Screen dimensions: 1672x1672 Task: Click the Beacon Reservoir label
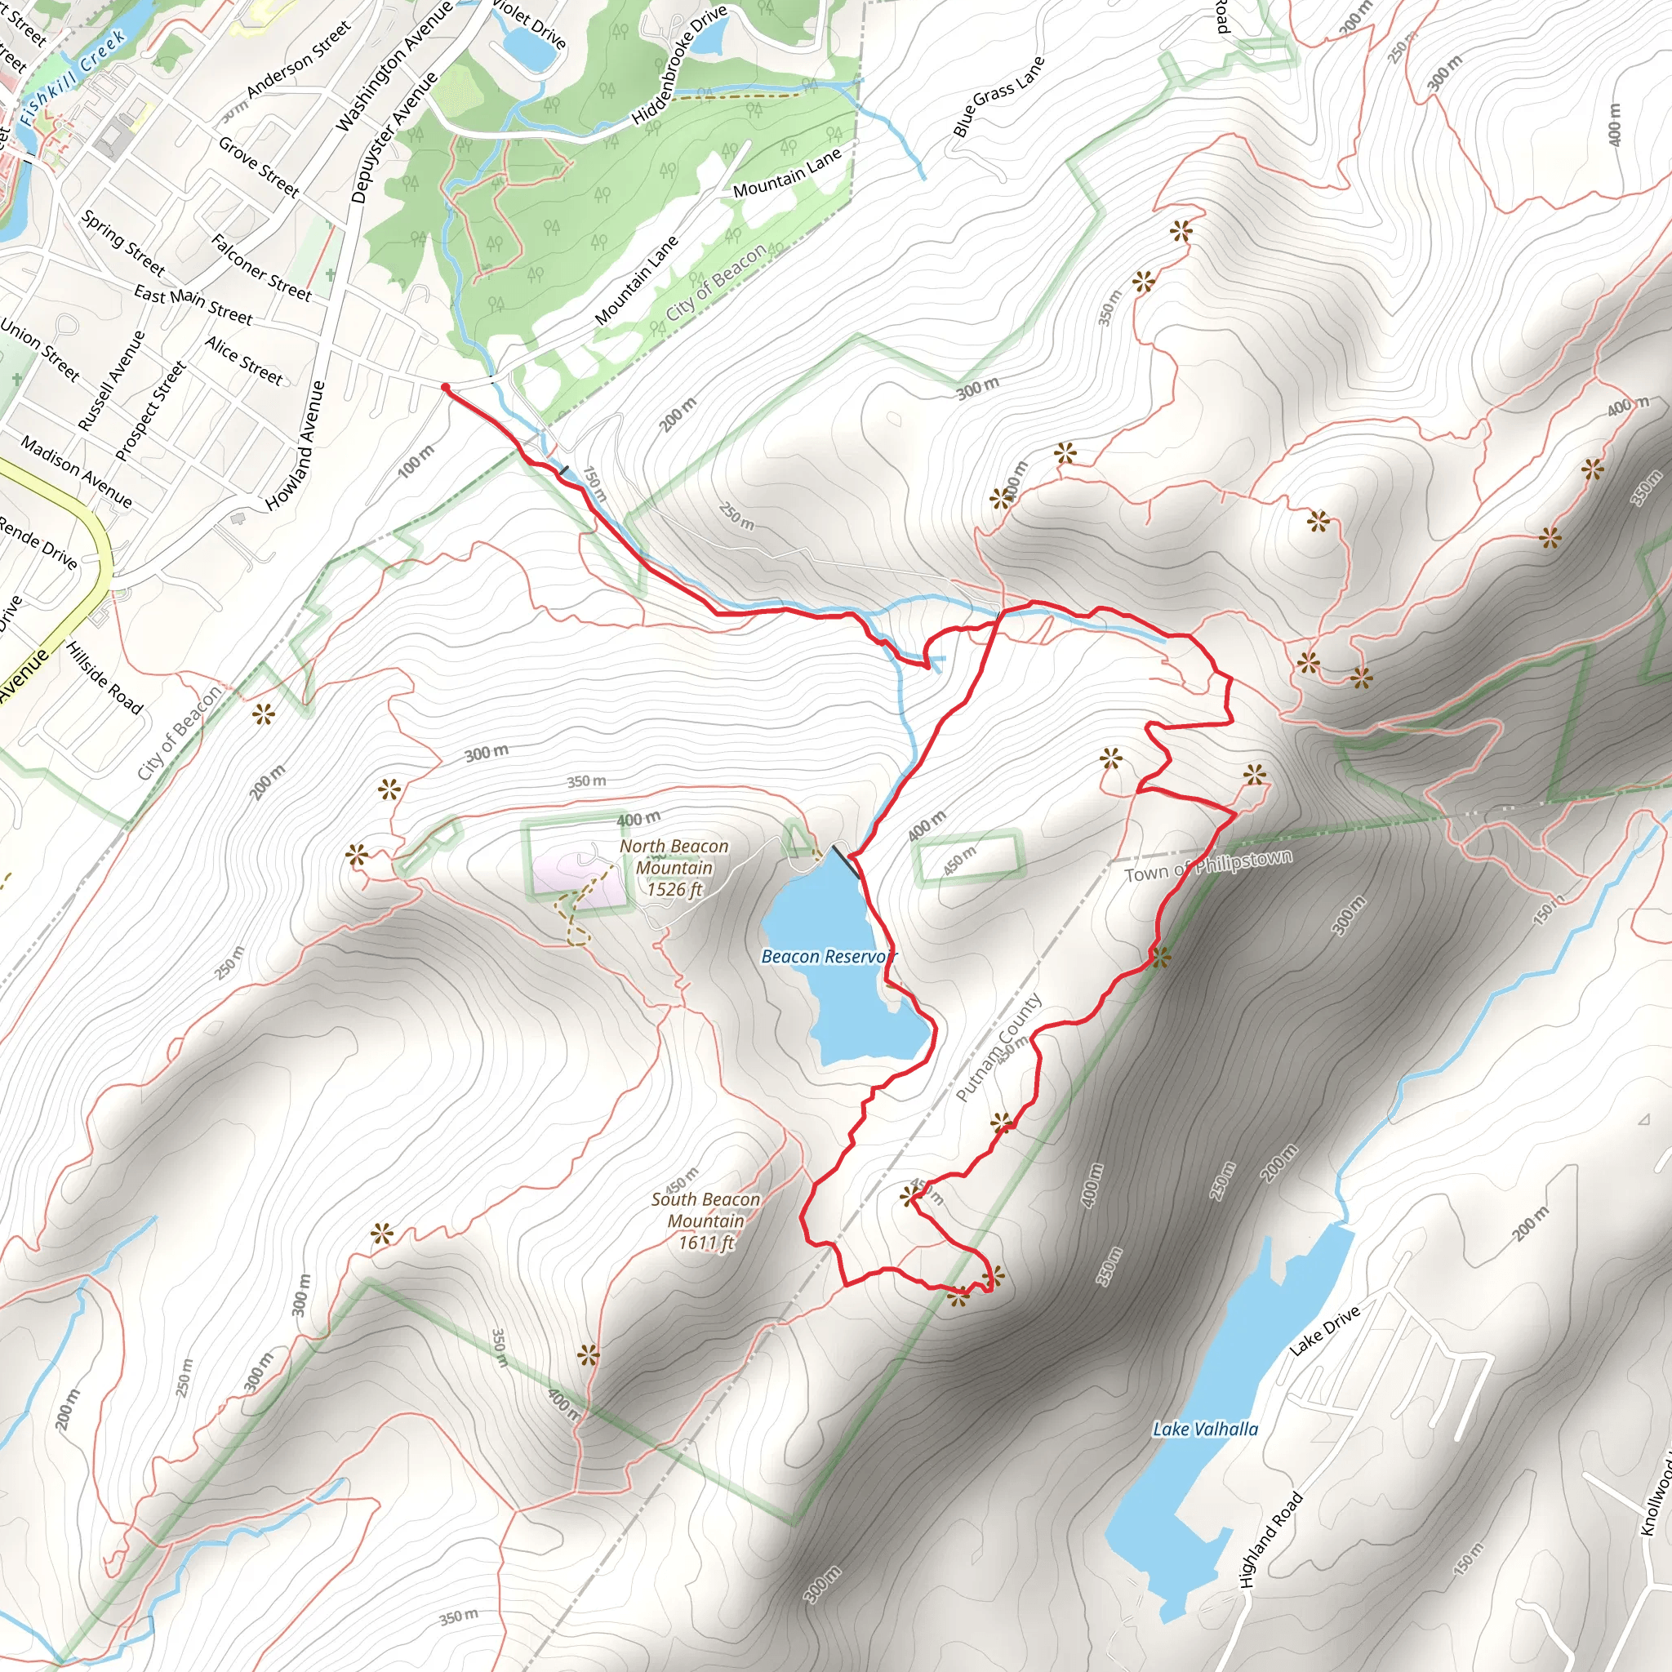(x=828, y=956)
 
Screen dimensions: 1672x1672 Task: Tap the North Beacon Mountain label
(x=674, y=867)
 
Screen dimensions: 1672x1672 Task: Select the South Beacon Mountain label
(x=705, y=1221)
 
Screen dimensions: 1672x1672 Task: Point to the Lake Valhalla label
(x=1205, y=1429)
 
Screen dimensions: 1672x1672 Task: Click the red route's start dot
(x=445, y=388)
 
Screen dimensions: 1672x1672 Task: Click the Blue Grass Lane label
(x=998, y=96)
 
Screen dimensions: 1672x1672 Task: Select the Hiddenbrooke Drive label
(x=679, y=65)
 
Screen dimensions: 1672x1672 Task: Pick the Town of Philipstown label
(x=1208, y=865)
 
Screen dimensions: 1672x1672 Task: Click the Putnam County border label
(x=999, y=1047)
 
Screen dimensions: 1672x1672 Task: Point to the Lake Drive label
(x=1324, y=1331)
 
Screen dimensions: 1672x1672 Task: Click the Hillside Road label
(x=104, y=678)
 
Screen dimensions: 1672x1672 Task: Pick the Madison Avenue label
(x=76, y=473)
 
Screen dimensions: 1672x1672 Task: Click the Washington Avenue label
(x=394, y=66)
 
